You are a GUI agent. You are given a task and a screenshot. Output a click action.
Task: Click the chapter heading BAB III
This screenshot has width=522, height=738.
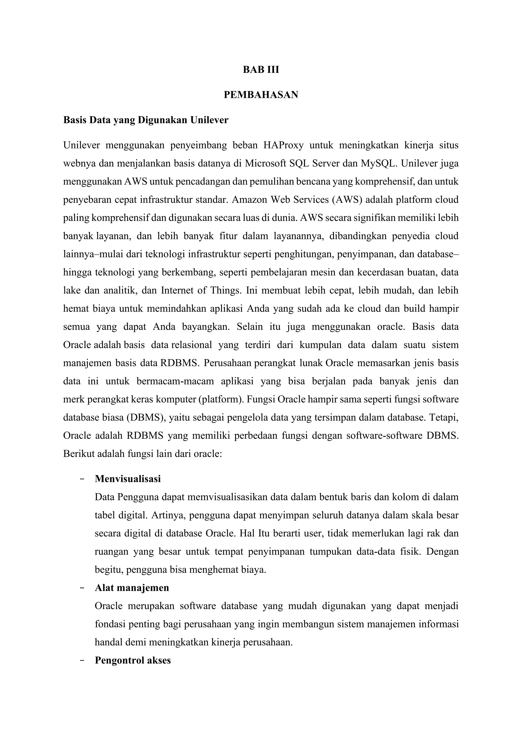[261, 70]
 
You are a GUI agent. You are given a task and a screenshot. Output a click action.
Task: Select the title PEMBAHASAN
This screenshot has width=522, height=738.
[261, 95]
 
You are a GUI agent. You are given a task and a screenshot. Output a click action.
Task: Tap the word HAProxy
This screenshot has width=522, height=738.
[283, 145]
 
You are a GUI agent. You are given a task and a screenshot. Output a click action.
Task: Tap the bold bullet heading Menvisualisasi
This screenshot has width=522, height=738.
[128, 479]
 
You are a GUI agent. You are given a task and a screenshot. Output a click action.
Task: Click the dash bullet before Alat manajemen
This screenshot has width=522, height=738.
[82, 588]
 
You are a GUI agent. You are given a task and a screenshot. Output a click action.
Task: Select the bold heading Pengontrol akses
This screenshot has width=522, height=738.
[133, 661]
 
